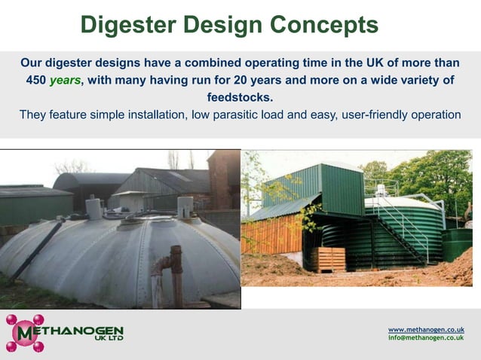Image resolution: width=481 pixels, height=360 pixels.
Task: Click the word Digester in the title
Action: coord(129,26)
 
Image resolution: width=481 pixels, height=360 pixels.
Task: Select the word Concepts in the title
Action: coord(326,26)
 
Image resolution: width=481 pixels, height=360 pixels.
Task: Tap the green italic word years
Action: coord(65,80)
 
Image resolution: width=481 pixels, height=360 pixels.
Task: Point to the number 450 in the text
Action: coord(35,80)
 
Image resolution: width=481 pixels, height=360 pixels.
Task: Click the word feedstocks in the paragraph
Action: coord(240,97)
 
